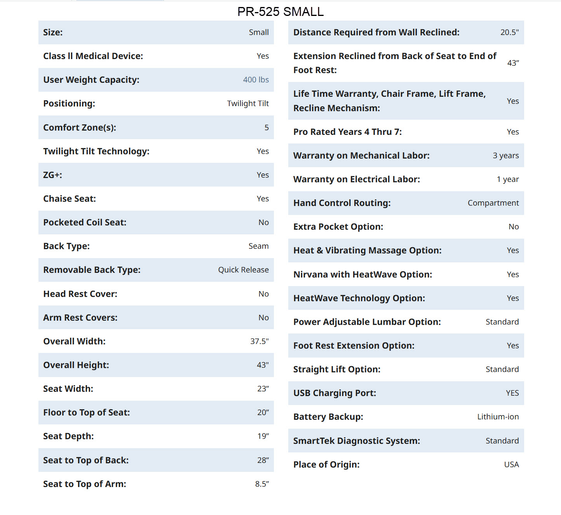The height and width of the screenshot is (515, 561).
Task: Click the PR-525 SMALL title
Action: pos(280,12)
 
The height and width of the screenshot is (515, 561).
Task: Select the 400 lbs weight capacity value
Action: pos(256,80)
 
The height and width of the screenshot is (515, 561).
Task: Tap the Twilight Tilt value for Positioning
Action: pos(248,103)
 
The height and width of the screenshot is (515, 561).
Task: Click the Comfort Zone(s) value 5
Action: pos(267,127)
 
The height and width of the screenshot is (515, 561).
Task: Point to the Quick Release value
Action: pos(243,270)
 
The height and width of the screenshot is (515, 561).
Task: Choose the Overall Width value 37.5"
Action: pos(259,341)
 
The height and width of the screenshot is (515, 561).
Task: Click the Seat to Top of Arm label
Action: pos(85,484)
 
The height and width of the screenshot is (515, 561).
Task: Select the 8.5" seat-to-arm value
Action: pos(262,484)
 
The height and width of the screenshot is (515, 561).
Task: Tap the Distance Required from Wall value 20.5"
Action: pos(509,32)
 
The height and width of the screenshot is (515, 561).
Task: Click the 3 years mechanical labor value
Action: pos(505,155)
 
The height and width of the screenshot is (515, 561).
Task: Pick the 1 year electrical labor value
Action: pos(507,179)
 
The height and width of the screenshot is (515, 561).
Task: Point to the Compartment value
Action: pos(493,203)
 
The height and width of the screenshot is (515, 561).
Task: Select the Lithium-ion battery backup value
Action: pos(498,417)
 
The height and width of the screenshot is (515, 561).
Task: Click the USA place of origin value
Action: pos(511,464)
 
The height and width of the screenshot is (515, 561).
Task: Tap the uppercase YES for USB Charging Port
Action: pos(512,393)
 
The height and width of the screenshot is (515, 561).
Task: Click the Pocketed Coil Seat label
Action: pos(85,222)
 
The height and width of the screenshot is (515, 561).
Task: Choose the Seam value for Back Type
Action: pos(258,246)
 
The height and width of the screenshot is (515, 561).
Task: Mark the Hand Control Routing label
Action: pos(342,203)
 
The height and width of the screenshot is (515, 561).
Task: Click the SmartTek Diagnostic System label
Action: pos(356,441)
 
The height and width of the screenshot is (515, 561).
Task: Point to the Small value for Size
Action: pos(259,32)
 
